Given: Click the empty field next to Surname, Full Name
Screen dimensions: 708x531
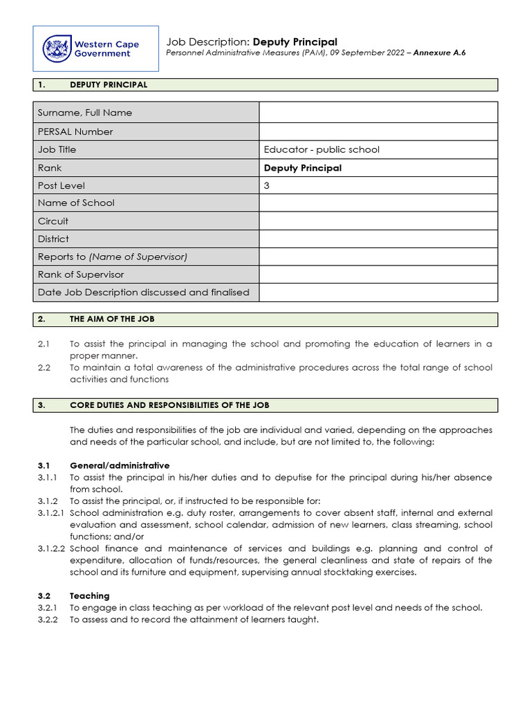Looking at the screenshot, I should click(x=378, y=113).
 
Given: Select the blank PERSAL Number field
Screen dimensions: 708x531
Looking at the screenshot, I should click(x=378, y=131).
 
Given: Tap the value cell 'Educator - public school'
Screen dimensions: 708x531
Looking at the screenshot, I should click(x=322, y=149).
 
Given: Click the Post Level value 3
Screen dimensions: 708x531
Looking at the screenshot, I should click(x=267, y=185).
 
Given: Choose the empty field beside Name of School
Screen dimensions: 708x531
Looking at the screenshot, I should click(x=378, y=203).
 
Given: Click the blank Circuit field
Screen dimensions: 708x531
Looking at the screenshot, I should click(x=378, y=221).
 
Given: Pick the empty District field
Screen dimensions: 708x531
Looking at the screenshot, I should click(x=378, y=239).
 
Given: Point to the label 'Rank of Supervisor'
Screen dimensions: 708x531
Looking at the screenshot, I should click(x=81, y=274).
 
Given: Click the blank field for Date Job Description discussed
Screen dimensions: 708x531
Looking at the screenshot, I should click(x=378, y=292).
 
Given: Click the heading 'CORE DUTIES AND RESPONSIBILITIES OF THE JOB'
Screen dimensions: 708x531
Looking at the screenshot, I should click(x=170, y=405).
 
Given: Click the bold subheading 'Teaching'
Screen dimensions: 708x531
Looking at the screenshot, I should click(x=90, y=595).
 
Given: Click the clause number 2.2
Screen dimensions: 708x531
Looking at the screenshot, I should click(x=44, y=368).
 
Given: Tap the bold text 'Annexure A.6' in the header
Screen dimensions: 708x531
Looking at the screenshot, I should click(x=440, y=53).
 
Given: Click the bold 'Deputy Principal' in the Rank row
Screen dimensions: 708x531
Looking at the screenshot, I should click(x=303, y=168).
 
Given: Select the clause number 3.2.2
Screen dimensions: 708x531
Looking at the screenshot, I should click(x=48, y=619).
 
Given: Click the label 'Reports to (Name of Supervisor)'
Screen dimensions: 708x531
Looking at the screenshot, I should click(x=113, y=257).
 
